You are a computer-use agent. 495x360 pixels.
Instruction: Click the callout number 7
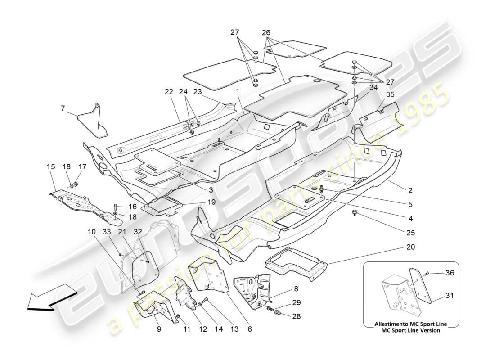pos(63,108)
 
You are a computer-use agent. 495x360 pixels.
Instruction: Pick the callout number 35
pos(390,95)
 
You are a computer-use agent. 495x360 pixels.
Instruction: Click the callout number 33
pos(106,232)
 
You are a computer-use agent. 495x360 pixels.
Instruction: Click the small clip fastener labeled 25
pos(355,212)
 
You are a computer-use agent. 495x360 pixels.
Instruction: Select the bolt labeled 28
pos(276,310)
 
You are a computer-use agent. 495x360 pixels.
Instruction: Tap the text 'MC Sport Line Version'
pos(411,330)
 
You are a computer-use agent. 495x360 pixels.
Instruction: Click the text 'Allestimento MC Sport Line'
pos(411,324)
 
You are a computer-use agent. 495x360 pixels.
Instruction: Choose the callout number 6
pos(249,329)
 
